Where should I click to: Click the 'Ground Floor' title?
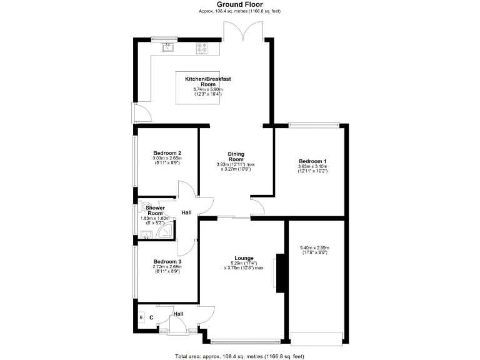coord(239,4)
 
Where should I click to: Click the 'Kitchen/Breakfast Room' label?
coord(208,81)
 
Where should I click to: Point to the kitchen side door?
coord(141,113)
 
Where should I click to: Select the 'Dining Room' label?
coord(236,157)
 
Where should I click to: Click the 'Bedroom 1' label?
coord(312,161)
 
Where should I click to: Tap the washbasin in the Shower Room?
coord(145,235)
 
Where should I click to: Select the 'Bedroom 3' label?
coord(167,262)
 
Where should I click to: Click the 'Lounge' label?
coord(243,257)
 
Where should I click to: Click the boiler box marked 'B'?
coord(141,318)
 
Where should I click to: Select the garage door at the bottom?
coord(317,338)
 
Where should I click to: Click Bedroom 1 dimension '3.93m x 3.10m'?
coord(312,167)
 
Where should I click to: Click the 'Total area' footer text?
coord(239,356)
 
